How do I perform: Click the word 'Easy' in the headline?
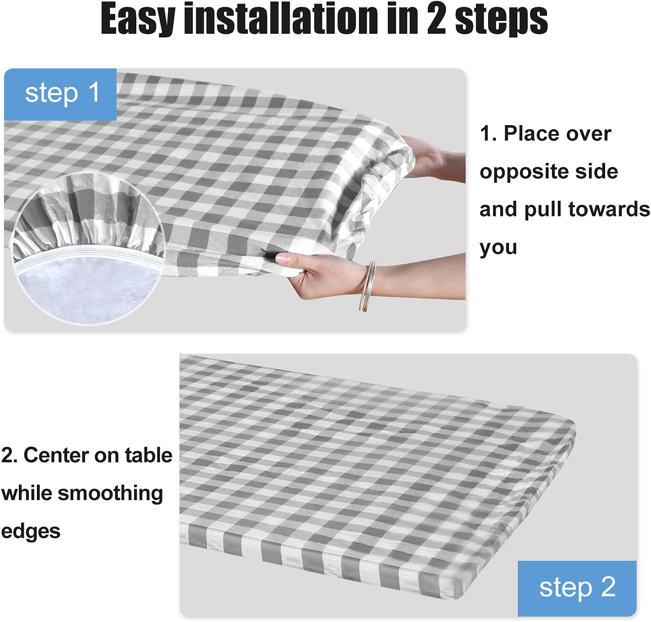(x=138, y=19)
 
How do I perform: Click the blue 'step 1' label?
(x=60, y=95)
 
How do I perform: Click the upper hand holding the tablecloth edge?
(x=431, y=160)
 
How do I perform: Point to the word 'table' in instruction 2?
(x=148, y=455)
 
